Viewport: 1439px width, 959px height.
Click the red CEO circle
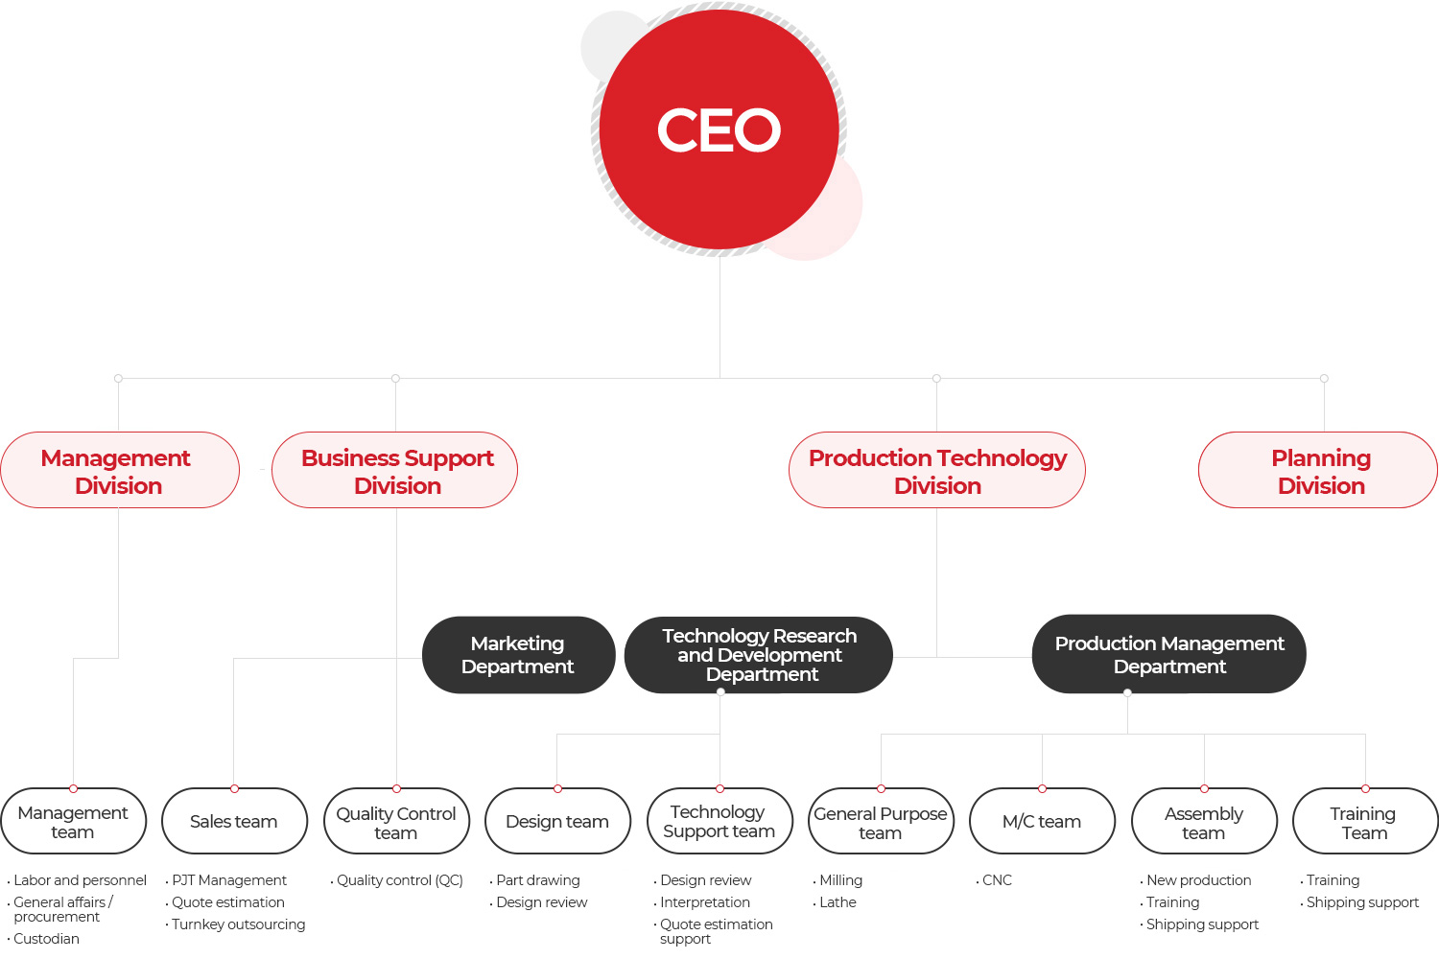(719, 129)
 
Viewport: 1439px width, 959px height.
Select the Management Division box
(120, 470)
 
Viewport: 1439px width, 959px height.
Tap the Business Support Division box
(394, 470)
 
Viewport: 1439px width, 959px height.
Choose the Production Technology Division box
(937, 470)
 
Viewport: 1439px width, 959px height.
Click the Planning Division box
(1318, 470)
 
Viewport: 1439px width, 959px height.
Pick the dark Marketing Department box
(518, 655)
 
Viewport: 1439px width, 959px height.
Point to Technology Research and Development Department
(759, 655)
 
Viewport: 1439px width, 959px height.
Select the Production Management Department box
(1169, 654)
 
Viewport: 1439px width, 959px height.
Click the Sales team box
(234, 821)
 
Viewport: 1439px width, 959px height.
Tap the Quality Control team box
(396, 821)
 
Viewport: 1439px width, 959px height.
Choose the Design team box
(557, 821)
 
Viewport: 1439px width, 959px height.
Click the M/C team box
(1042, 821)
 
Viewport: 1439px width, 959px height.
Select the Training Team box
(1365, 821)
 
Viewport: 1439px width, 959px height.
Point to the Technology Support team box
(719, 821)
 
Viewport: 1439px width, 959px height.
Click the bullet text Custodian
(46, 939)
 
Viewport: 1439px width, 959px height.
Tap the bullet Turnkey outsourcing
(238, 924)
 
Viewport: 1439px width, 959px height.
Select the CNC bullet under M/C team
(997, 880)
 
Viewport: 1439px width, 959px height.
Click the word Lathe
(837, 901)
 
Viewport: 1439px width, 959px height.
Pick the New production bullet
(1199, 880)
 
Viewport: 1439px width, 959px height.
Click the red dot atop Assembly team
(1204, 789)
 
